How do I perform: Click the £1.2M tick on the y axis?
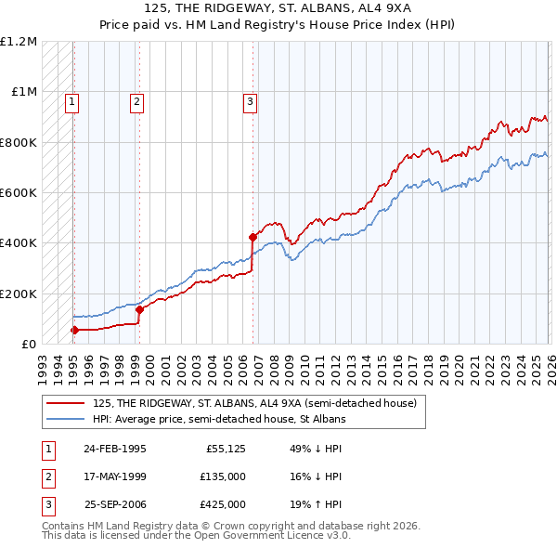click(x=19, y=42)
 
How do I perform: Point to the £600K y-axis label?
click(x=19, y=193)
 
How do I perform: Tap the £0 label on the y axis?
click(x=29, y=345)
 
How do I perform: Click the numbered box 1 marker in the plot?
click(x=72, y=102)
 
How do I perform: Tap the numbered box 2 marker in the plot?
click(x=136, y=102)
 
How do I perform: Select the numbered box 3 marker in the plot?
click(x=250, y=102)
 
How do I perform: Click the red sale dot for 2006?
click(x=253, y=237)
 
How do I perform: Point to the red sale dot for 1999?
click(x=139, y=310)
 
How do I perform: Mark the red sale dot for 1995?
click(x=74, y=330)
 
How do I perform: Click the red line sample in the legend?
click(x=67, y=403)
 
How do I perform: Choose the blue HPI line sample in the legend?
click(x=67, y=419)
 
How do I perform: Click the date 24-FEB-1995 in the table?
click(x=114, y=449)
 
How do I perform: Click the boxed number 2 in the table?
click(x=47, y=476)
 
